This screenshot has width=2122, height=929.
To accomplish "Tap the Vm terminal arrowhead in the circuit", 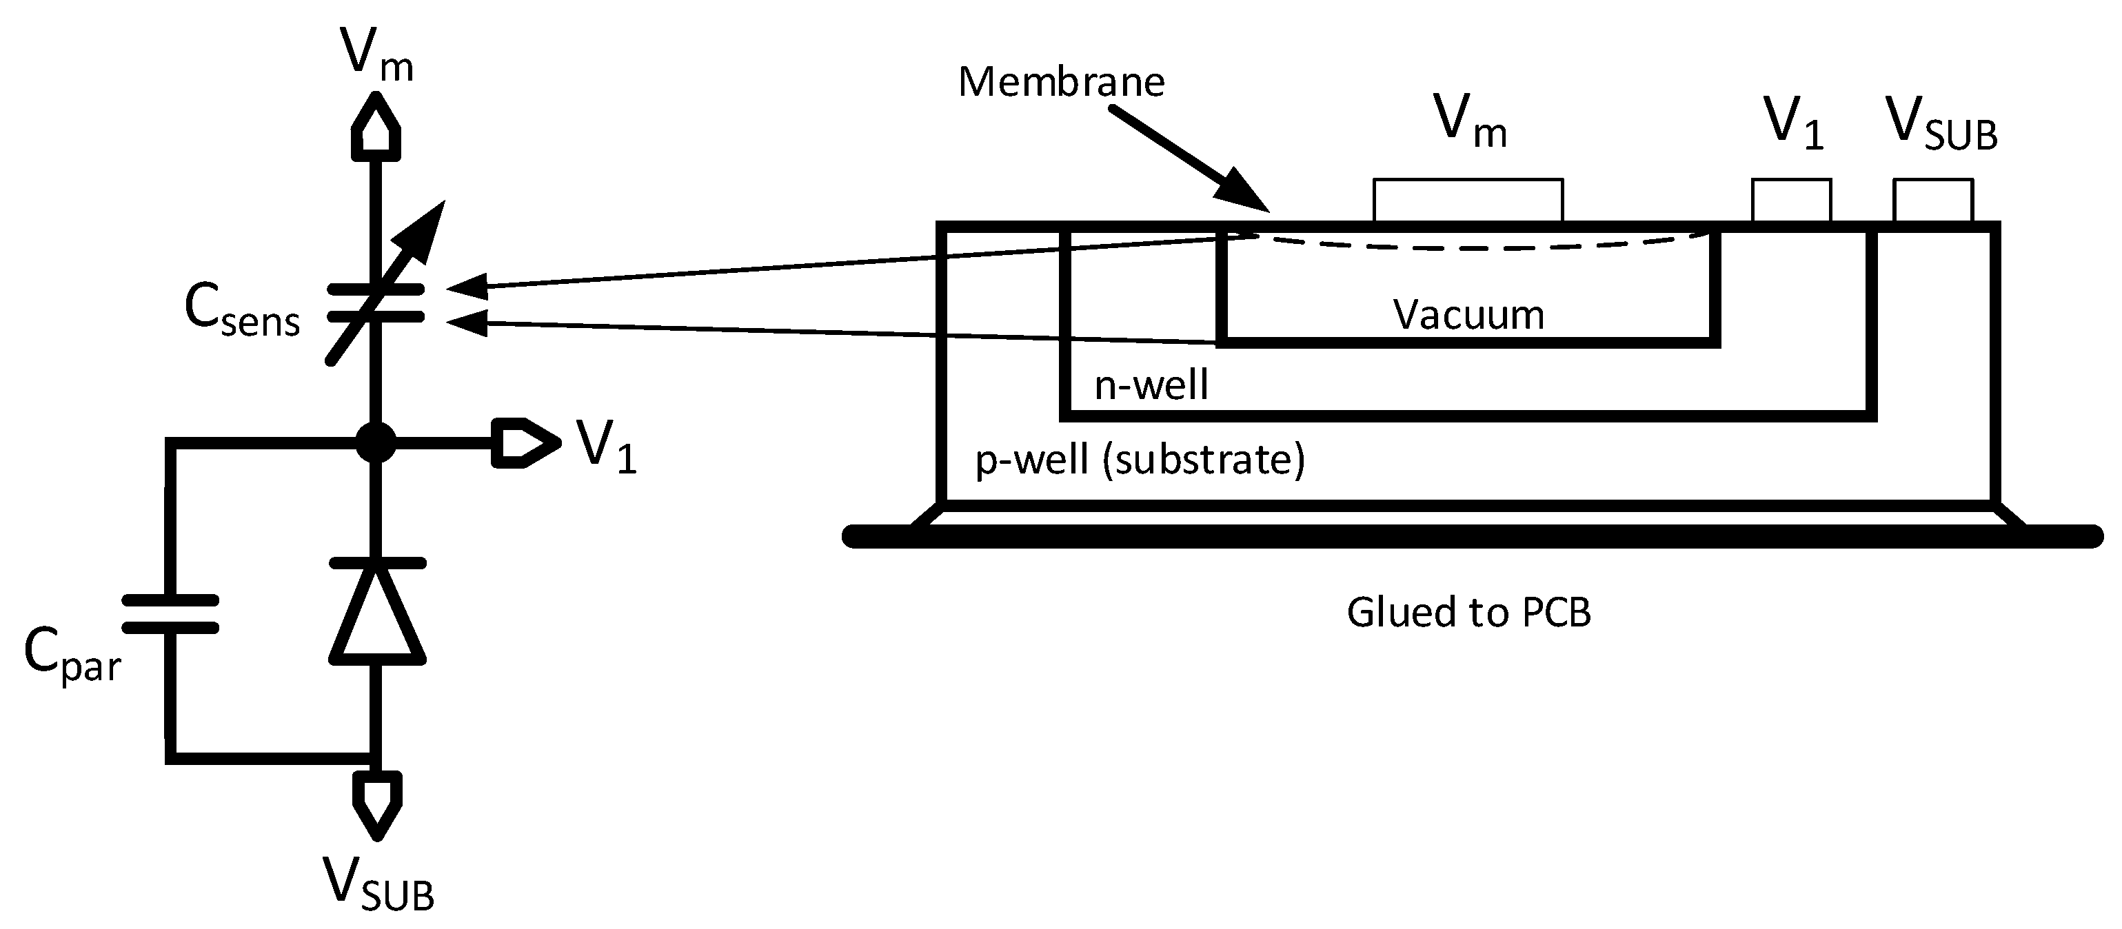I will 376,128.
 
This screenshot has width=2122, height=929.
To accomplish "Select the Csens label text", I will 241,312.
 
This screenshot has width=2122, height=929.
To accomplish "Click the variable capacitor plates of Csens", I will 376,303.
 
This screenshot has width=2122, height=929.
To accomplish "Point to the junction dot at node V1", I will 376,443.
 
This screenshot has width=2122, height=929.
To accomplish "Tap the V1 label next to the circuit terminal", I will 605,447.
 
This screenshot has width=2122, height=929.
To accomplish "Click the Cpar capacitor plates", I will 170,613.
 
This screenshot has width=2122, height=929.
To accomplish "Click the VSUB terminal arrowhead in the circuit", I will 376,803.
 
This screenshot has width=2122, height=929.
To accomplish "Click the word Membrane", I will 1061,83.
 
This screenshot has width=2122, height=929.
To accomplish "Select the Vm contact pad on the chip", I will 1467,200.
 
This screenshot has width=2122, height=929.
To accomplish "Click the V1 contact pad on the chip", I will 1791,200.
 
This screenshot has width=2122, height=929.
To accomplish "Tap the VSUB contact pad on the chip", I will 1932,200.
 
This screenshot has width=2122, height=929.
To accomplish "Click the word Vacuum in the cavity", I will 1468,316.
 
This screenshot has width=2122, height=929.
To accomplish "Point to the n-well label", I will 1151,385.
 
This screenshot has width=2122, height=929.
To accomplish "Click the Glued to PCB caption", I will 1468,613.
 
